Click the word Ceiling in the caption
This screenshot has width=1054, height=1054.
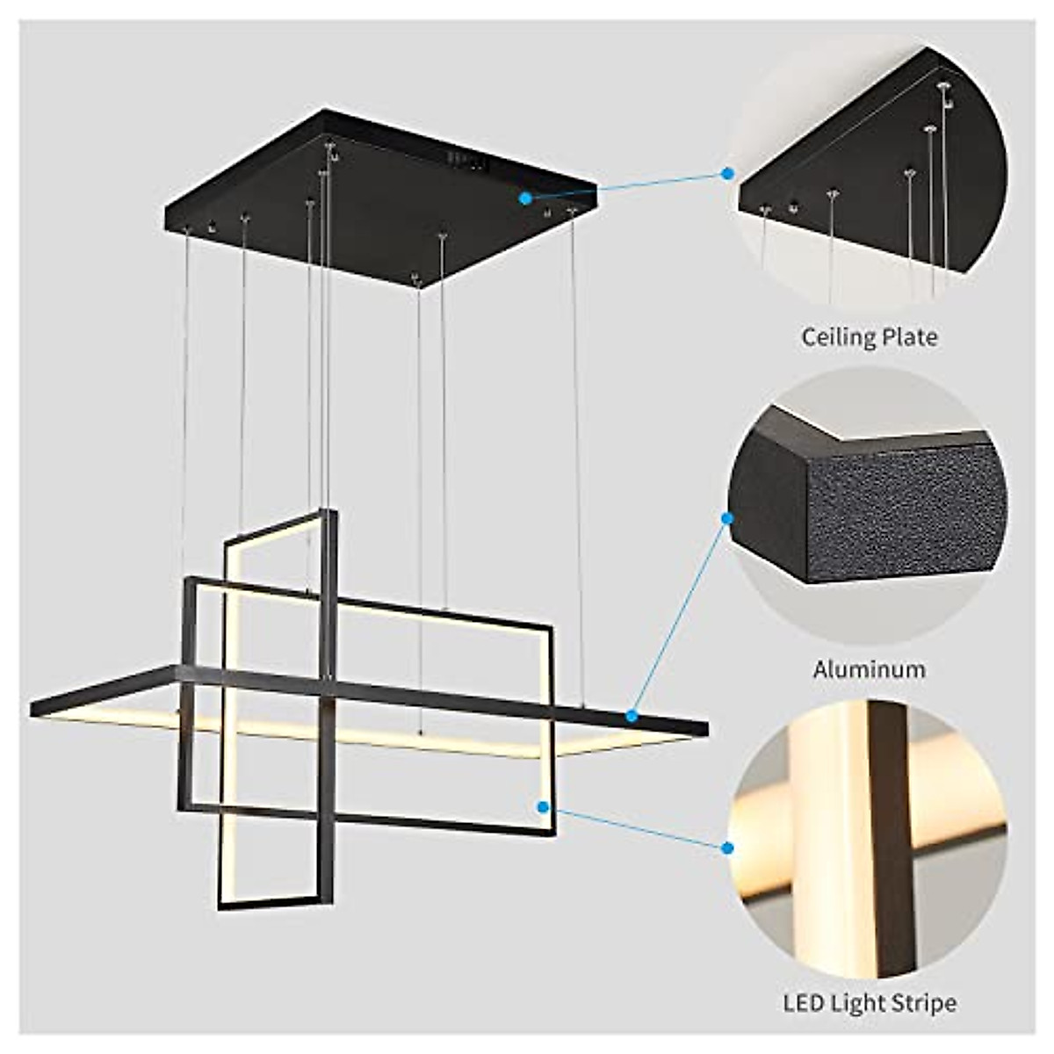click(x=834, y=337)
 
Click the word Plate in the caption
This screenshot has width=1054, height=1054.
click(x=907, y=336)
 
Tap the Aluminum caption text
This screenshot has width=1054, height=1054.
click(x=869, y=669)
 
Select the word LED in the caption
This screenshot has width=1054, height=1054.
click(x=804, y=1001)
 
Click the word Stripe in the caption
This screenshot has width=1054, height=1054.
click(x=923, y=1001)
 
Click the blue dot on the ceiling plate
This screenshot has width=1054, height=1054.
click(x=525, y=198)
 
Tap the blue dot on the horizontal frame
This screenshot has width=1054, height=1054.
click(x=632, y=716)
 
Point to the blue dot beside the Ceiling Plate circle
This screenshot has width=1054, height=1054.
click(x=727, y=173)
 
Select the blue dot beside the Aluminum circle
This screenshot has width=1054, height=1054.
click(x=727, y=518)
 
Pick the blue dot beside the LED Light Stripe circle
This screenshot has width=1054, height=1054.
click(x=727, y=848)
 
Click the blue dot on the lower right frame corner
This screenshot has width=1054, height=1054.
click(x=544, y=805)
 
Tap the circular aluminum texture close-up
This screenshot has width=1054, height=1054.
click(x=870, y=509)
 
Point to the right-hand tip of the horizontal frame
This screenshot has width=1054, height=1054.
click(x=704, y=728)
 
